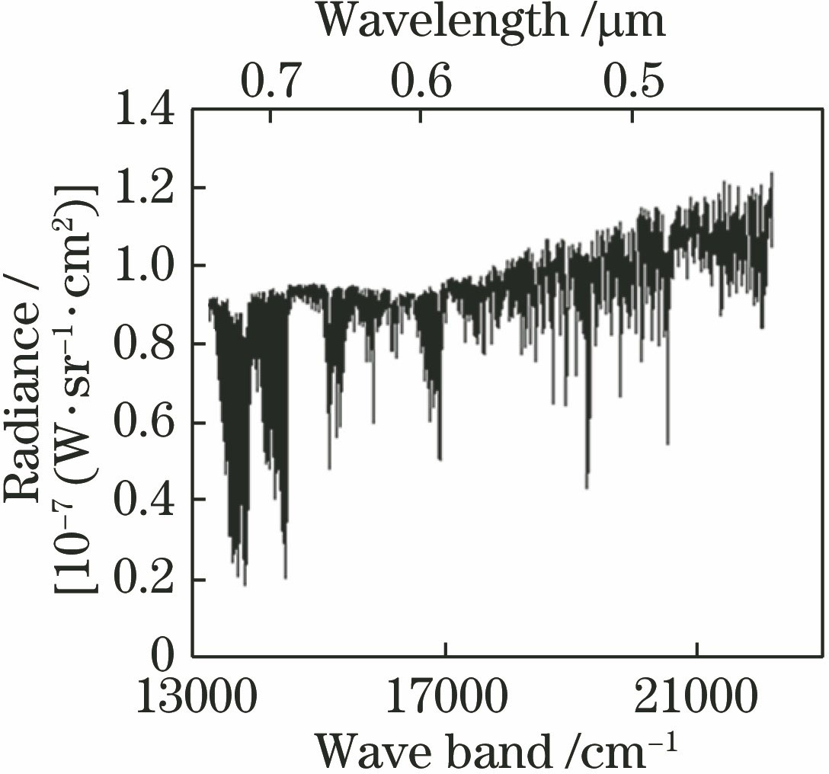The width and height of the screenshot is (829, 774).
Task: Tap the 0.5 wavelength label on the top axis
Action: click(634, 82)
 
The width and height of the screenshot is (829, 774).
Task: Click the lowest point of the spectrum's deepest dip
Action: click(245, 584)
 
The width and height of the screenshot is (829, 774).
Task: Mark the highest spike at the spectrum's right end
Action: click(772, 174)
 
